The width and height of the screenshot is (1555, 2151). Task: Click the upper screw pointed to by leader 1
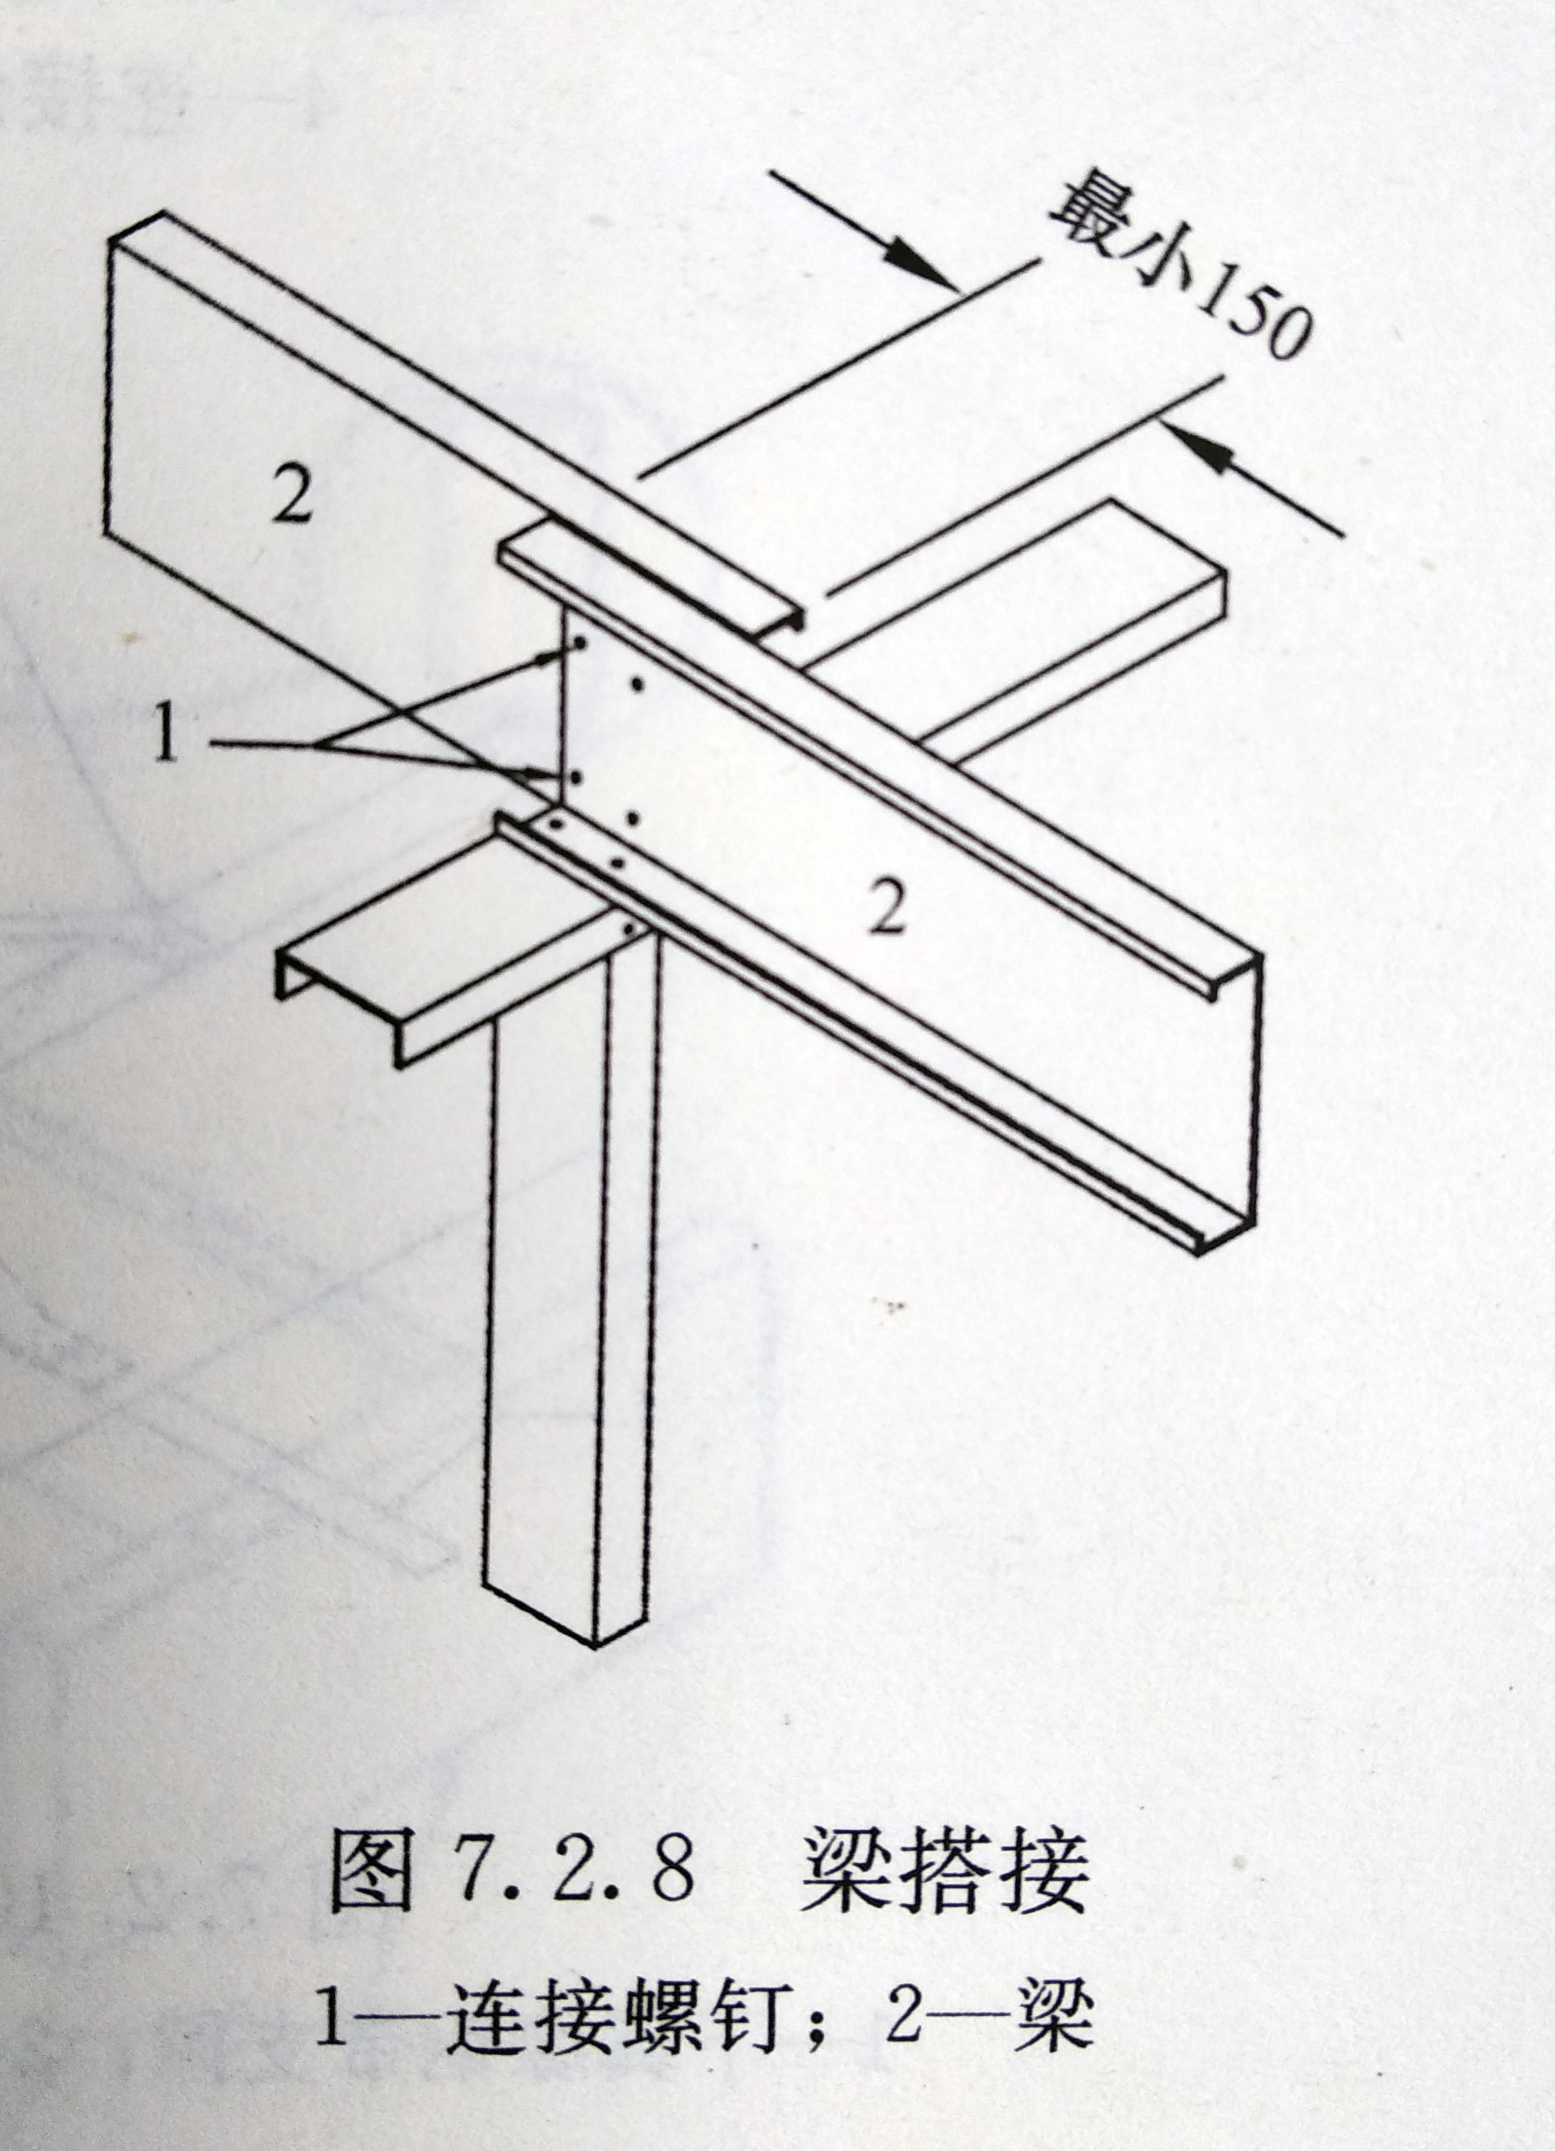(578, 647)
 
